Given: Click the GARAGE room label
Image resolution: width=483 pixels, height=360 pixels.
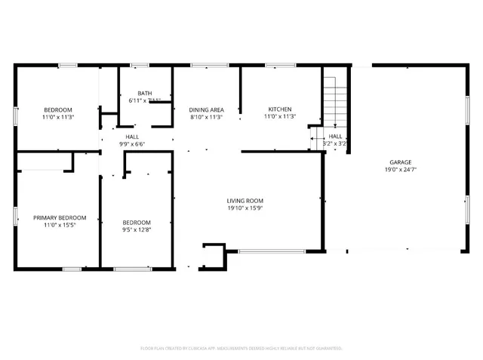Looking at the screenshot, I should [x=400, y=162].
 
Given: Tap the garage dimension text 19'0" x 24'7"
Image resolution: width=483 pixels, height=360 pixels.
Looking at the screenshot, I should [x=400, y=170].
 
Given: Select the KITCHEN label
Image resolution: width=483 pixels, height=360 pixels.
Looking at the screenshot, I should [x=279, y=109].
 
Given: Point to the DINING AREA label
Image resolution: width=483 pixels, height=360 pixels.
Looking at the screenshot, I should [x=205, y=109].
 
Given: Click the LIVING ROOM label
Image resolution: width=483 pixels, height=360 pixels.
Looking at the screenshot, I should [x=245, y=201].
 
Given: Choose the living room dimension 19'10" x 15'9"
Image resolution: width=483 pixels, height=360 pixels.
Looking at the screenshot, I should [x=245, y=208].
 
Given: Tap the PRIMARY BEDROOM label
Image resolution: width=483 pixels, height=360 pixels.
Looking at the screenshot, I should [x=59, y=217].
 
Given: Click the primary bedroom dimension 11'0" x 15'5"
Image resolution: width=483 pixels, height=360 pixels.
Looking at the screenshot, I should [x=59, y=225].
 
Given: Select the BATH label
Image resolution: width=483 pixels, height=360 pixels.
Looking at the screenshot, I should [x=144, y=93].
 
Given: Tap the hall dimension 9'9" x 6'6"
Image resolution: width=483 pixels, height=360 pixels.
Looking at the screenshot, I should [x=131, y=144].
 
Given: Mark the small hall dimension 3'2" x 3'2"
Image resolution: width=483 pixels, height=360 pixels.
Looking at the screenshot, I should [x=334, y=143].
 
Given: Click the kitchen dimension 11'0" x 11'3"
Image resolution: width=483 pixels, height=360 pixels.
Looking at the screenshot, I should [x=279, y=117].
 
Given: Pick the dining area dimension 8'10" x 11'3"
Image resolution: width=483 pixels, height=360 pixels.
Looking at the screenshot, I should [x=205, y=117].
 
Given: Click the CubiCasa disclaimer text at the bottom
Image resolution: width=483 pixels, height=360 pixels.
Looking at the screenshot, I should [x=241, y=348].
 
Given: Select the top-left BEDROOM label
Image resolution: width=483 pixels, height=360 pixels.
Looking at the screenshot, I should [x=57, y=109].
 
